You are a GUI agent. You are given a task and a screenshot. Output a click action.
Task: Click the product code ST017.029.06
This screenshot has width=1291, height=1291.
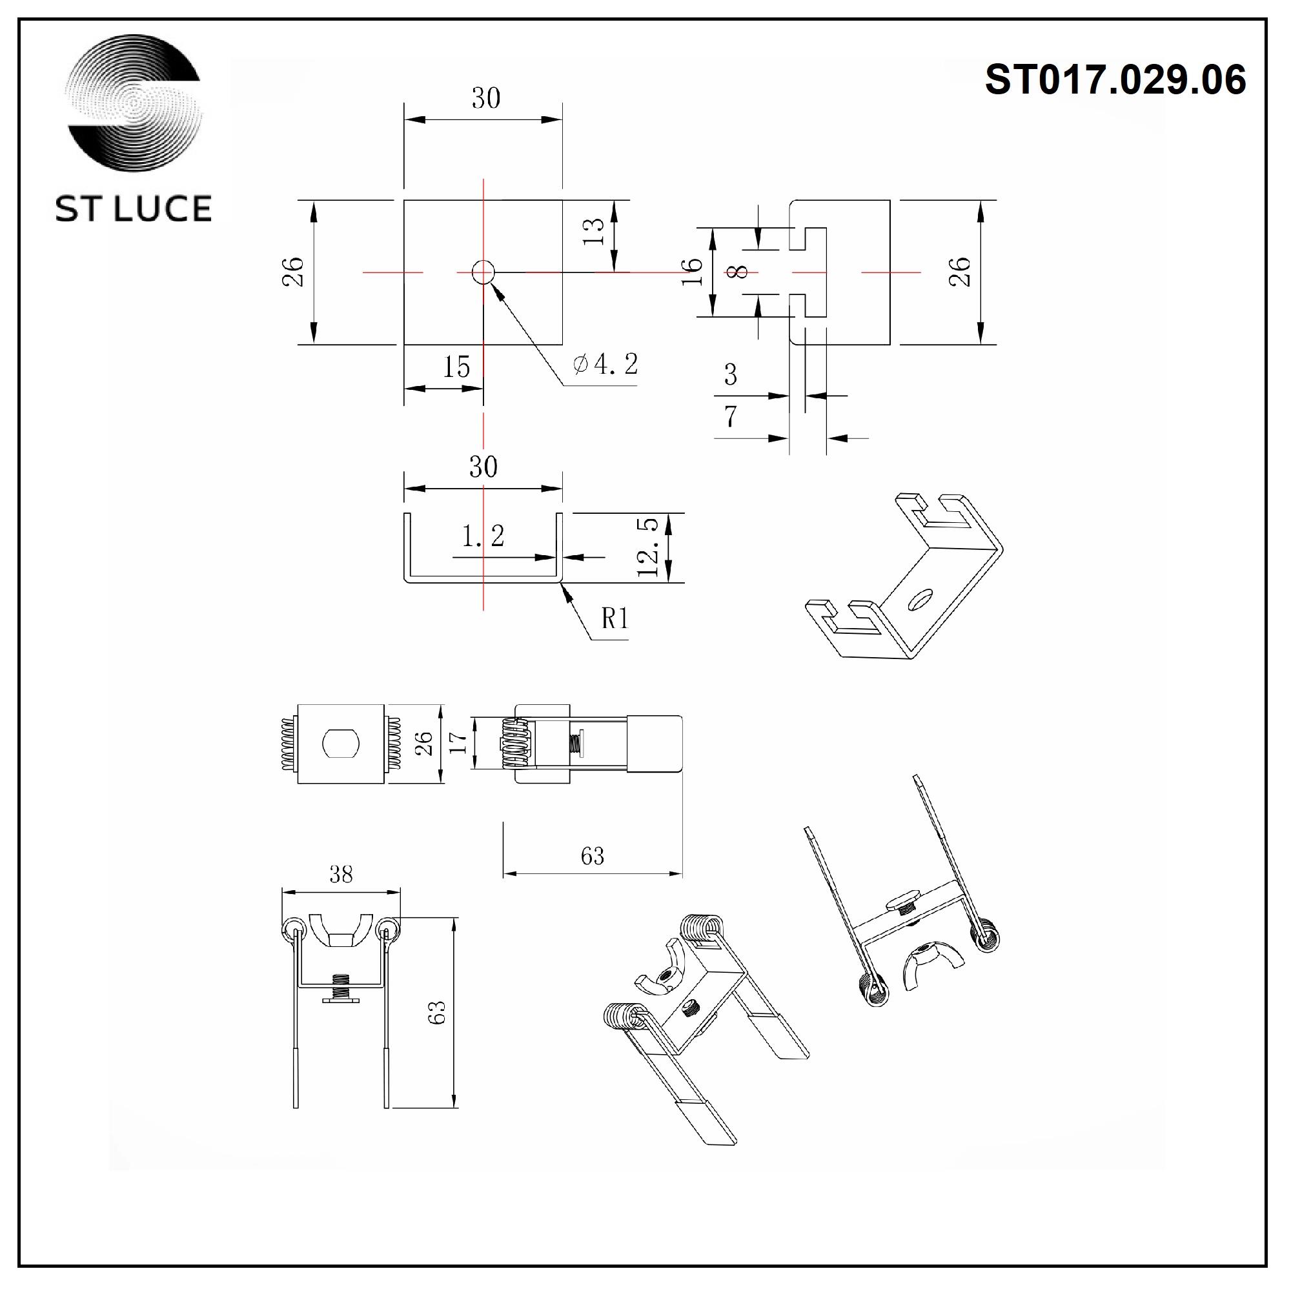tap(1115, 79)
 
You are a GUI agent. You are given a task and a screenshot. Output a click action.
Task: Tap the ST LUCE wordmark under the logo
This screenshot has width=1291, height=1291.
tap(134, 209)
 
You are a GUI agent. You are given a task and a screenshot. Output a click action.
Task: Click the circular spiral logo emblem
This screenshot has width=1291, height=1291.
tap(134, 103)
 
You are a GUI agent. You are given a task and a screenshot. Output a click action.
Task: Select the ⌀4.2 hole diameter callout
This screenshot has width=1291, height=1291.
tap(605, 364)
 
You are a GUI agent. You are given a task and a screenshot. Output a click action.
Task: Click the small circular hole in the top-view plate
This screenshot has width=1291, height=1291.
tap(483, 272)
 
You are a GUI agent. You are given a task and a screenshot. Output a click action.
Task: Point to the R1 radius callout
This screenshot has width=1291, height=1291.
tap(615, 619)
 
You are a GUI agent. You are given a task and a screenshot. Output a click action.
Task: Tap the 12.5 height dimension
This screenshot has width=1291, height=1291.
tap(649, 547)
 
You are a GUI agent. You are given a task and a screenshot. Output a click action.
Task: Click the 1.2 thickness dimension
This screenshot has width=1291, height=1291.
tap(483, 536)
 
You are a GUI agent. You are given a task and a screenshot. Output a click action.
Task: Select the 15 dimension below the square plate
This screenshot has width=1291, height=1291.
tap(457, 367)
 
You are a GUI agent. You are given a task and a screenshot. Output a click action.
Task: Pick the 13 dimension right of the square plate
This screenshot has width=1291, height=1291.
tap(594, 232)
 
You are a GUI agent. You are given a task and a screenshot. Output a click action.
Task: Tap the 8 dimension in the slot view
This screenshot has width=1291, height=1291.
tap(738, 272)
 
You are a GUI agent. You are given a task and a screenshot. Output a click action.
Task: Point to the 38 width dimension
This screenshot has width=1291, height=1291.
tap(341, 875)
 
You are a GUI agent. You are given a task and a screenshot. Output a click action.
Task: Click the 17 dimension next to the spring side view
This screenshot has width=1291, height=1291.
tap(458, 743)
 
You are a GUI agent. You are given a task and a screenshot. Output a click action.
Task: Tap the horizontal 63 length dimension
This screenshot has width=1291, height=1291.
tap(593, 857)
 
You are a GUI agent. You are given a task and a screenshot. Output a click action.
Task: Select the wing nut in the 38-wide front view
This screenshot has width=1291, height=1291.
tap(341, 931)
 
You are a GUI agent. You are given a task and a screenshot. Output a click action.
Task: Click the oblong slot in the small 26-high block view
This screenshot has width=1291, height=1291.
tap(341, 744)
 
